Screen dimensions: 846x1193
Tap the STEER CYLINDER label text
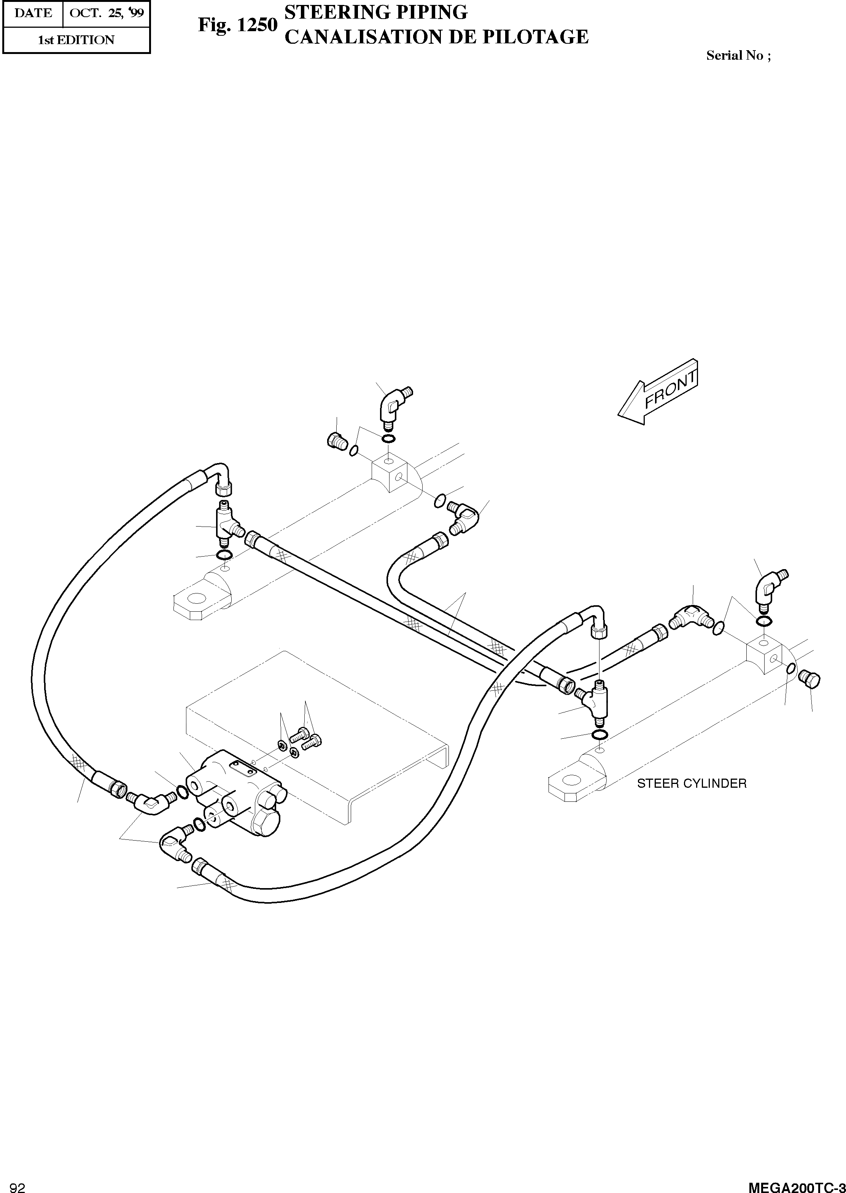pyautogui.click(x=692, y=784)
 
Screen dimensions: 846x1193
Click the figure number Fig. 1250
pyautogui.click(x=237, y=25)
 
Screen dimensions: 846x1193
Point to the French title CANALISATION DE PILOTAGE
pyautogui.click(x=437, y=37)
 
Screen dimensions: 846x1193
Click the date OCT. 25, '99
pyautogui.click(x=106, y=13)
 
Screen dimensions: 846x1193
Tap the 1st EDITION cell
pyautogui.click(x=76, y=40)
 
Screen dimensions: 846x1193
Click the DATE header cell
pyautogui.click(x=33, y=13)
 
